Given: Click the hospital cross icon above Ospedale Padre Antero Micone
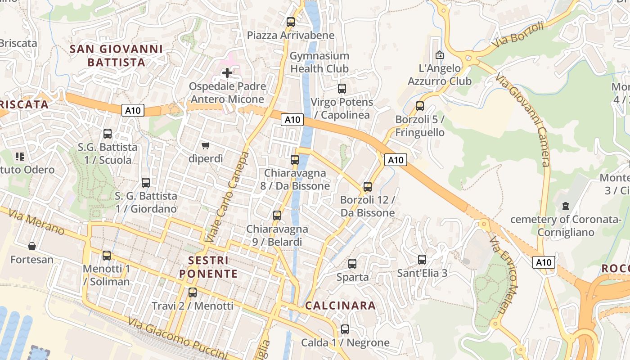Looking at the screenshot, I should click(x=227, y=72).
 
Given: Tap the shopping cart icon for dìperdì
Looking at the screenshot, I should click(x=206, y=145).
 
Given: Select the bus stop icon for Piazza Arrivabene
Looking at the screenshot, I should click(x=291, y=22).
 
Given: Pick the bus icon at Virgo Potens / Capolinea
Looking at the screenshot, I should click(x=342, y=89).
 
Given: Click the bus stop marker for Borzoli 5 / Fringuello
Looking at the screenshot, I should click(x=420, y=106).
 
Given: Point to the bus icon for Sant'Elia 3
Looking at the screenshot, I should click(x=422, y=260).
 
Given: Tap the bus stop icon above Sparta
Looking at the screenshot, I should click(x=352, y=264).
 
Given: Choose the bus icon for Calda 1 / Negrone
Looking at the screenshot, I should click(x=345, y=329).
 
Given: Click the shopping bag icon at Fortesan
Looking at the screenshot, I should click(x=32, y=246).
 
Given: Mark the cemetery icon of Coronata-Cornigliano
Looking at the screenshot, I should click(x=565, y=207).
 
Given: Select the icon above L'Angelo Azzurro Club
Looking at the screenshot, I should click(x=440, y=55).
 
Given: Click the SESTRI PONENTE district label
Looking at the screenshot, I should click(x=208, y=267).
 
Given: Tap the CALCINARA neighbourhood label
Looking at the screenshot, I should click(x=340, y=306).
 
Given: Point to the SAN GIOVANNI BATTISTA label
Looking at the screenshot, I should click(x=117, y=55).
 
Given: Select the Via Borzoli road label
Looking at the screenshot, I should click(x=517, y=35).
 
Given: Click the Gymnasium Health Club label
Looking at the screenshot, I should click(x=319, y=62).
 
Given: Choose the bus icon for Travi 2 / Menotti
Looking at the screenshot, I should click(x=193, y=292).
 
